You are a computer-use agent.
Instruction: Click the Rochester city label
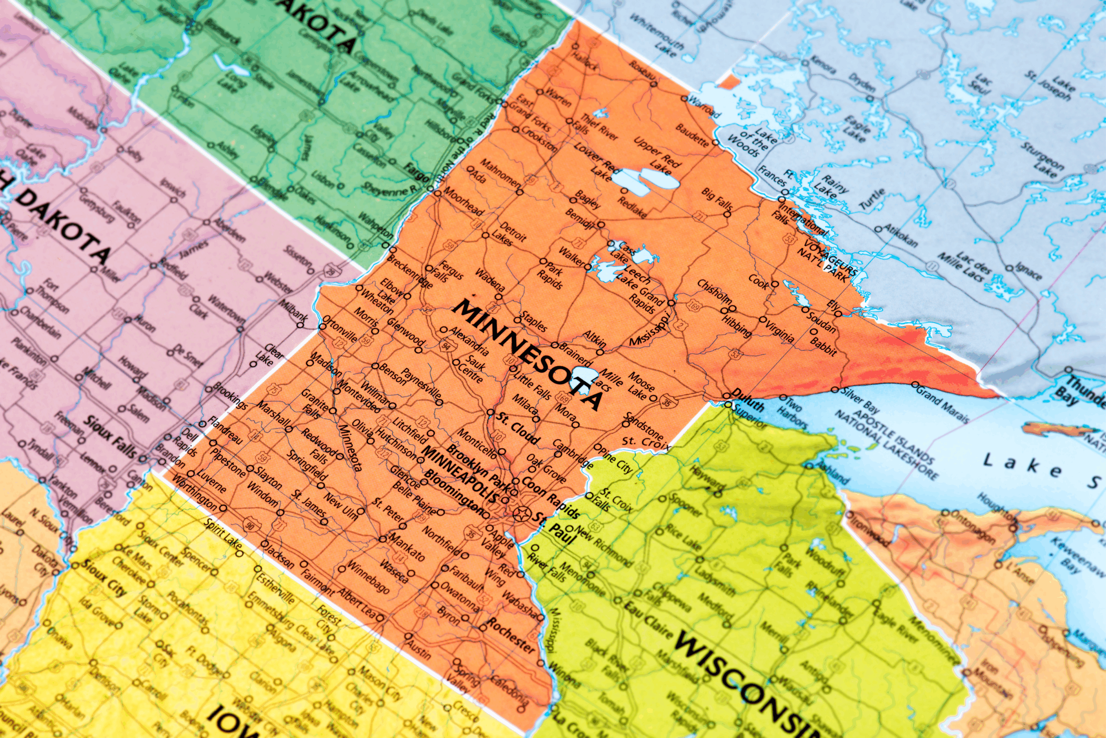point(511,636)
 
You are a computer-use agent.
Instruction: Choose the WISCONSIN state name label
point(739,682)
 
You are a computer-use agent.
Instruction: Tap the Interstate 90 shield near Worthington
point(250,525)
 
